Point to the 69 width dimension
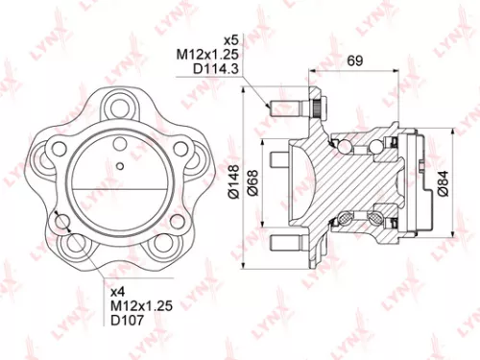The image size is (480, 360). [x=354, y=61]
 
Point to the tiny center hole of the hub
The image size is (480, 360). [x=118, y=166]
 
